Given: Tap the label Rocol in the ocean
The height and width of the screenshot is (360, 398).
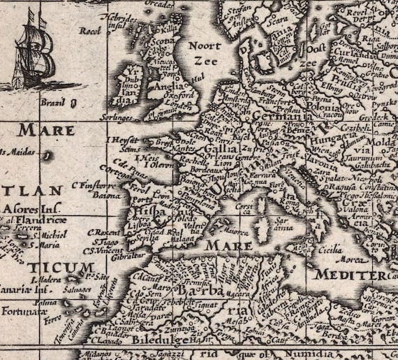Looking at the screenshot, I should [x=90, y=31].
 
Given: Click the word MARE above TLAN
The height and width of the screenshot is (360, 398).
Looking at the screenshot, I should [x=46, y=130].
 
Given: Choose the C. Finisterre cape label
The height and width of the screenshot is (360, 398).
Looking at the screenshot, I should [x=92, y=186].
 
